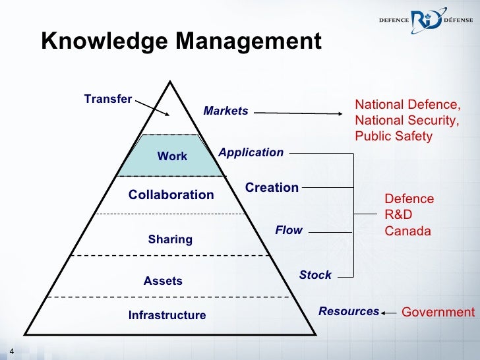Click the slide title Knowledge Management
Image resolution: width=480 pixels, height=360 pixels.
pos(181,42)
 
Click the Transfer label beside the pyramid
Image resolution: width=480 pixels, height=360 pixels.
pos(108,100)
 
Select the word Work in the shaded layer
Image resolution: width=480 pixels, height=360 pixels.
pos(172,156)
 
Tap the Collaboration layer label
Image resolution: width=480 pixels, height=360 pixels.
pos(171,195)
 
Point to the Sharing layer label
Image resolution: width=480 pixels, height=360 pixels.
pos(170,239)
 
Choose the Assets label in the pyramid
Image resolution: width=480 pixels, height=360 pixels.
pos(163,281)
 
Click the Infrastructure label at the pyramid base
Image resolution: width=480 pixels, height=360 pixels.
pos(167,315)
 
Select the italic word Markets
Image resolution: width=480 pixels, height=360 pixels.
pos(225,111)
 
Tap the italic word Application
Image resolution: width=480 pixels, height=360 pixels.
pos(251,153)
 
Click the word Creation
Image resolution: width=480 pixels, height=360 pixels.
pos(272,188)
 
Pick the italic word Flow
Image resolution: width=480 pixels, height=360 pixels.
pos(288,230)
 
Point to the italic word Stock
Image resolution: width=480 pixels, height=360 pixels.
pos(315,275)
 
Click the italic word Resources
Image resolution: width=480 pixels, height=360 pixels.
pos(349,311)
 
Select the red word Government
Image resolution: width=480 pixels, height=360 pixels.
pos(438,312)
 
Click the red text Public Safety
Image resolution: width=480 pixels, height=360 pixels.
pos(393,136)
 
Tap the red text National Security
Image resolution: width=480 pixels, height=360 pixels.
pos(405,121)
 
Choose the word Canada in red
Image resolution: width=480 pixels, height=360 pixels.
pos(407,231)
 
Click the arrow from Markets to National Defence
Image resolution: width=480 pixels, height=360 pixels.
pos(300,113)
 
